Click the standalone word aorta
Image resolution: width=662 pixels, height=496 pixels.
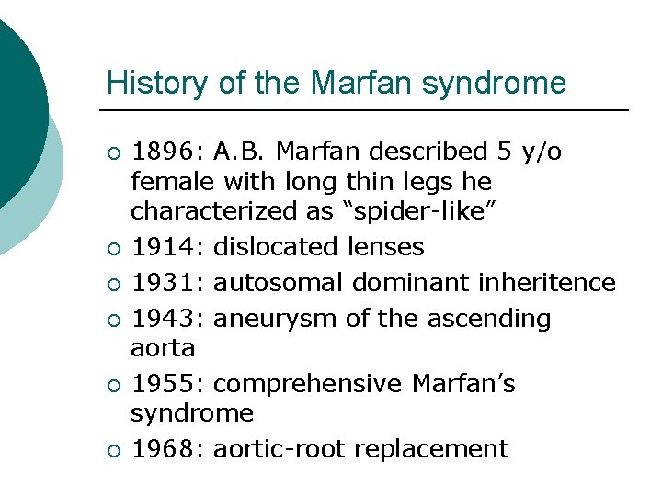tap(163, 348)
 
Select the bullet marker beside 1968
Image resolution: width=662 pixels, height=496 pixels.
tap(113, 450)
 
